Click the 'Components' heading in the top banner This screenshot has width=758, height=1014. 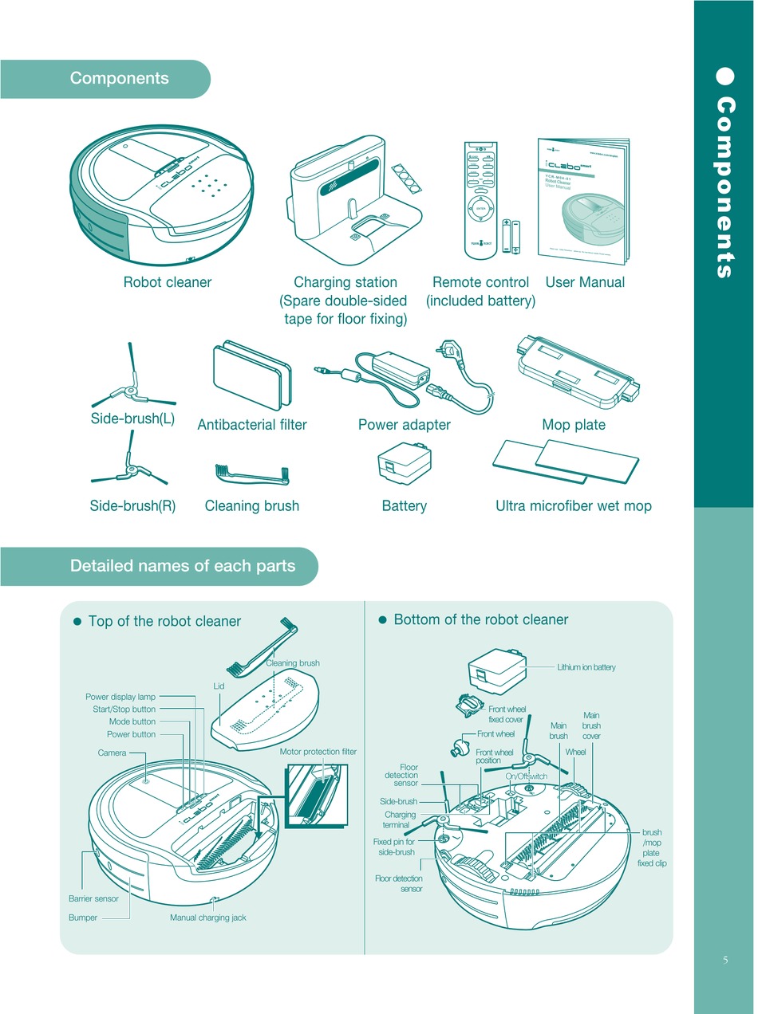point(120,78)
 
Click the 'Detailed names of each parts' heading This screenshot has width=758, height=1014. point(183,566)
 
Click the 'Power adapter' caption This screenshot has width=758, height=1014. point(404,425)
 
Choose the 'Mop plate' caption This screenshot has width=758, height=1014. point(574,425)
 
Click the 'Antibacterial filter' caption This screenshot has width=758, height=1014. point(252,425)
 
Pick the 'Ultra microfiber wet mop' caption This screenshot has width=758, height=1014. point(574,505)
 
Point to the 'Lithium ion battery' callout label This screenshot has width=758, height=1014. point(586,667)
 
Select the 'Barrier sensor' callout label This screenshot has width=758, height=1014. point(93,898)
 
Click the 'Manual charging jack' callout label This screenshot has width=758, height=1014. point(208,918)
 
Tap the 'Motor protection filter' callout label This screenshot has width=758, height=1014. point(318,752)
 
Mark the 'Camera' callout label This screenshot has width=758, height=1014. point(112,753)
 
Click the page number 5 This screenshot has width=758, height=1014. point(725,960)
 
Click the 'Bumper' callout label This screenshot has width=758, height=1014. point(83,918)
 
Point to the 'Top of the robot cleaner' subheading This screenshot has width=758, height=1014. point(164,621)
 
